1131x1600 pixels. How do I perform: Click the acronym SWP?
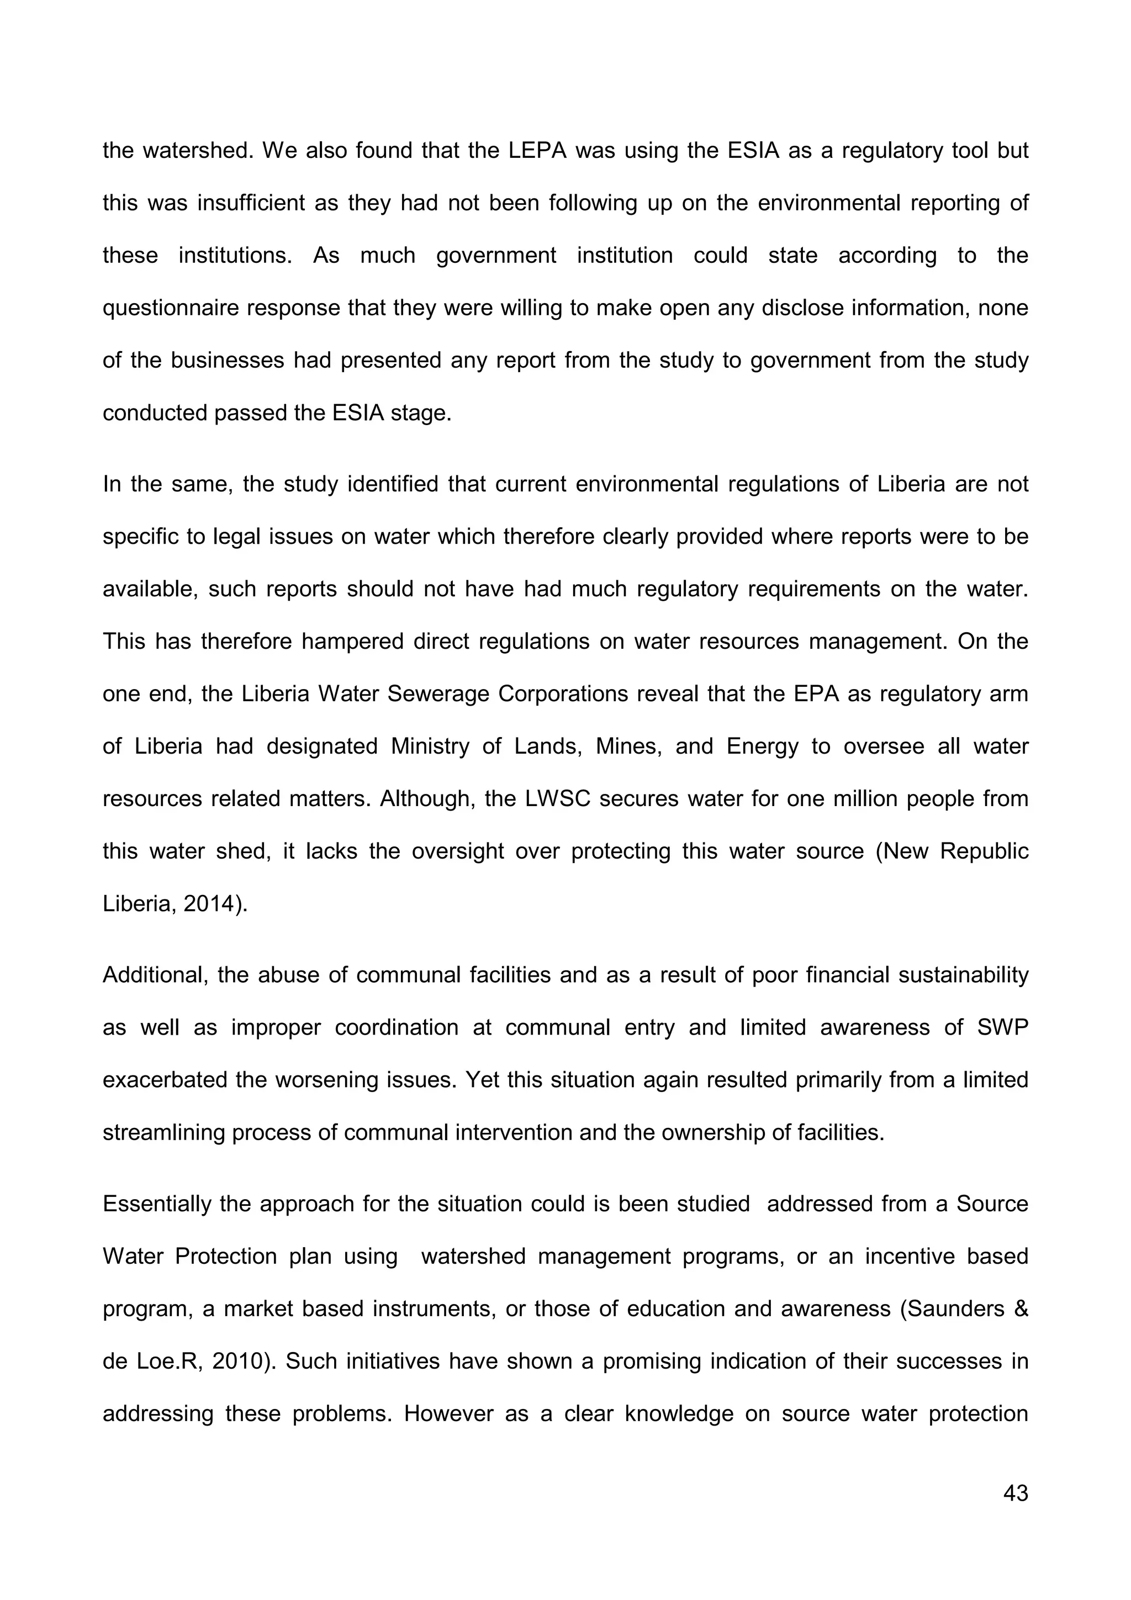tap(1003, 1027)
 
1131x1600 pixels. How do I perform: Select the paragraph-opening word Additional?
tap(155, 974)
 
